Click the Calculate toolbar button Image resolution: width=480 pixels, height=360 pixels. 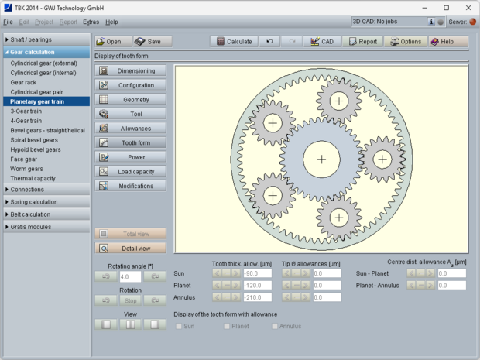pos(233,41)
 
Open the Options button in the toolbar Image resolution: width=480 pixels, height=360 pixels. pos(405,41)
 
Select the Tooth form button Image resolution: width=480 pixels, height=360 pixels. pos(130,142)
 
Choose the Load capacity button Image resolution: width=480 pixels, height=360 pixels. pos(130,171)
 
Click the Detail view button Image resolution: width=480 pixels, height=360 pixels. pos(130,248)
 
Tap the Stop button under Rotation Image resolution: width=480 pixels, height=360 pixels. pos(130,300)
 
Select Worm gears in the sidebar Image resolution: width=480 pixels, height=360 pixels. pos(27,169)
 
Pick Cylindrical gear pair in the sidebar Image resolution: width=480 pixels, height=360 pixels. pos(36,91)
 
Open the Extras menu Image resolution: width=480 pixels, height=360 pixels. pos(91,22)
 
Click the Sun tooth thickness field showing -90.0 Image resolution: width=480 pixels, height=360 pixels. pos(256,273)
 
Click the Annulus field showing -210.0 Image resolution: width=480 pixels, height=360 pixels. pos(256,297)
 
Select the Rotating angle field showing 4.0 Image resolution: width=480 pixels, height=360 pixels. pos(130,276)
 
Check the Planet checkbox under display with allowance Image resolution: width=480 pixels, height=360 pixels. pos(227,327)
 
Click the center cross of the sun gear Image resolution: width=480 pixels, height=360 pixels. pos(321,160)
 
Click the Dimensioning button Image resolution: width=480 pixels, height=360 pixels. pos(130,70)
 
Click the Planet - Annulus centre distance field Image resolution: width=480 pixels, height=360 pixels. pos(451,286)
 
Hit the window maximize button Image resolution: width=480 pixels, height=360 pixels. pos(446,7)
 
